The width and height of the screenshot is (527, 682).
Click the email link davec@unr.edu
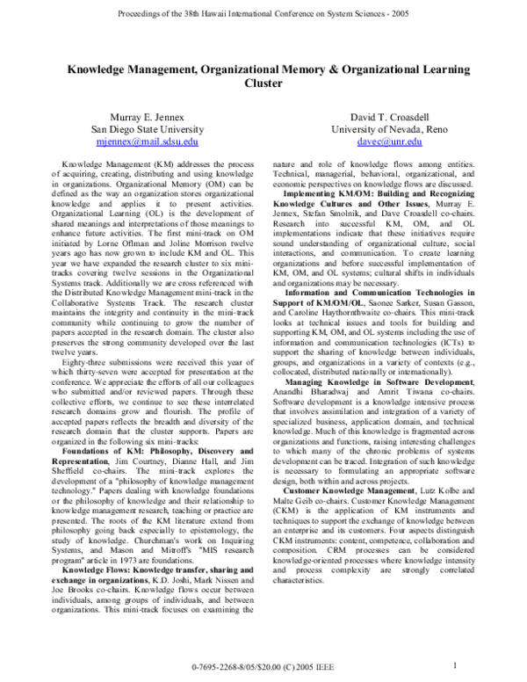tap(389, 141)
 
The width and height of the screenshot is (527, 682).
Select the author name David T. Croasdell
tap(389, 115)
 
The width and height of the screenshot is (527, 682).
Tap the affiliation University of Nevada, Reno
tap(389, 128)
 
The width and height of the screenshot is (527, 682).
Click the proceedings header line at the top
tap(263, 15)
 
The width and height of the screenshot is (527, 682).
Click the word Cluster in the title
tap(263, 84)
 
